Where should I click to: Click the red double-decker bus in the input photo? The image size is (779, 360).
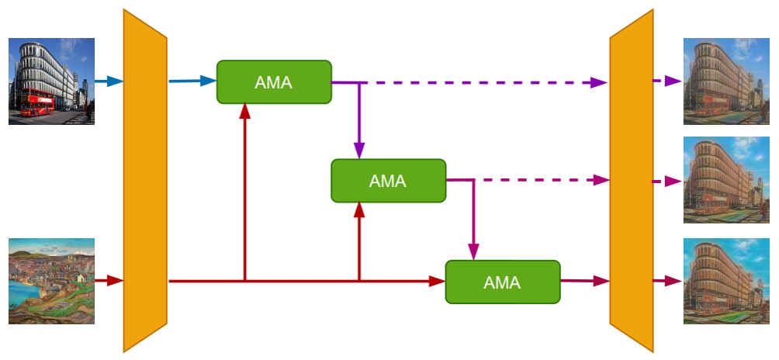tap(36, 102)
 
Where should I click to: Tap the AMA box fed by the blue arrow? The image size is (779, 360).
tap(274, 81)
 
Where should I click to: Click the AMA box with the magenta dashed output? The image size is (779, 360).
tap(388, 181)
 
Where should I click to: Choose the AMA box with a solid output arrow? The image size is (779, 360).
tap(502, 282)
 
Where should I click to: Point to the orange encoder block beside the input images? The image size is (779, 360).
tap(145, 180)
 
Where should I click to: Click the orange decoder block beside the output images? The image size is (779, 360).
tap(632, 180)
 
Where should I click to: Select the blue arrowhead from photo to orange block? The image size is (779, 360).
tap(116, 81)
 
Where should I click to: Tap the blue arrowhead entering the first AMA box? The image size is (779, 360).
tap(209, 81)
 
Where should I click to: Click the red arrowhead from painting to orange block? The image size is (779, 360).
tap(116, 280)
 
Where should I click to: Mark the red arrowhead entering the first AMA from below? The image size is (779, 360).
tap(245, 111)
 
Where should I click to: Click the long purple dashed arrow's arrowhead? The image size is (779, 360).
tap(599, 82)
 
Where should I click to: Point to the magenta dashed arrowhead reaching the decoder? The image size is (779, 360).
tap(600, 180)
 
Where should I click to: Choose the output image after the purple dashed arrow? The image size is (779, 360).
tap(726, 81)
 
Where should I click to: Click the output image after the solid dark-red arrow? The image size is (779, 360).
tap(726, 281)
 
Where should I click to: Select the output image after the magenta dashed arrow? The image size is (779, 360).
tap(726, 181)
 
